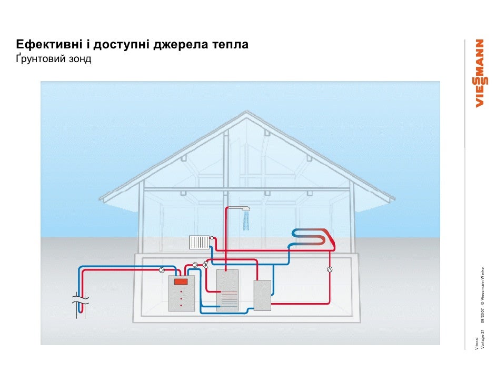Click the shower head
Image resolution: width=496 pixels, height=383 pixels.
(x=243, y=209)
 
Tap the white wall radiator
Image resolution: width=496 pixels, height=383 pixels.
(x=199, y=242)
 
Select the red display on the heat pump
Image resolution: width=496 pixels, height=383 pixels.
(x=181, y=281)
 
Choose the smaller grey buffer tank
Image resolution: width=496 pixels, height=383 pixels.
(x=262, y=295)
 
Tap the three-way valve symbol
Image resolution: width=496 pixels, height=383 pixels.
(x=205, y=265)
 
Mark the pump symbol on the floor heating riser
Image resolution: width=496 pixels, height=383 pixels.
(x=329, y=270)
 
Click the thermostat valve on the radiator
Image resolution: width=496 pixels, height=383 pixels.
(x=212, y=238)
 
